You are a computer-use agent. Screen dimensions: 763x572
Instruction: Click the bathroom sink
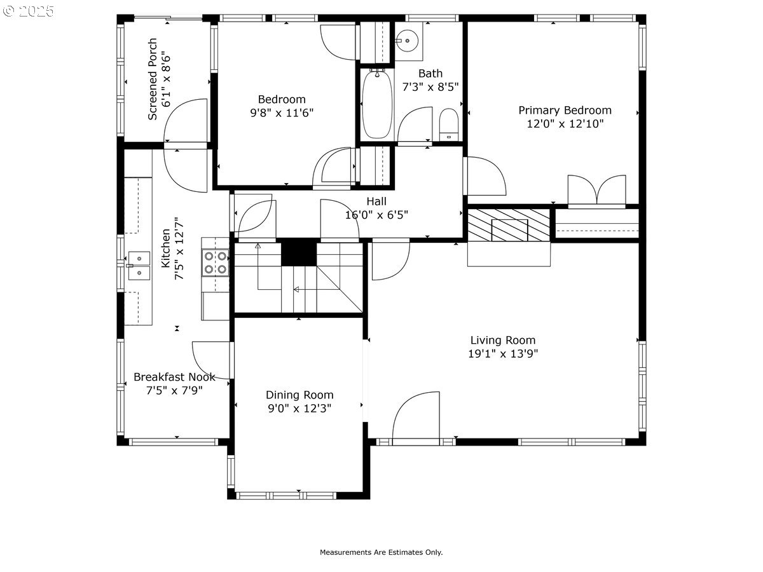click(408, 41)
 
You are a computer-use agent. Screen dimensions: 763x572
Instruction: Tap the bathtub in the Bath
click(377, 104)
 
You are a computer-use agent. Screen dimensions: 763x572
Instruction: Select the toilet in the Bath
click(449, 125)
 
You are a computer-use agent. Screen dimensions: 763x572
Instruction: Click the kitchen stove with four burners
click(215, 262)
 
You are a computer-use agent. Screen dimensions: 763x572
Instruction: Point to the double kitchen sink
click(139, 266)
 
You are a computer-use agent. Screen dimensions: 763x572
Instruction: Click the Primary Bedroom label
click(565, 111)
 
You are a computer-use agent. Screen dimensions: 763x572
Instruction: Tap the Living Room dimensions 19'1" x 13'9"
click(503, 353)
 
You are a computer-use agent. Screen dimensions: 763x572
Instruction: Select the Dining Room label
click(299, 395)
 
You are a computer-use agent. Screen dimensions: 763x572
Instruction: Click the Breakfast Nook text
click(174, 377)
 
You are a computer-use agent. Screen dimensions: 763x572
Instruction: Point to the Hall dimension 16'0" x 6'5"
click(376, 215)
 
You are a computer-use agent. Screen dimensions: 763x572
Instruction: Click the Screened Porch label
click(153, 79)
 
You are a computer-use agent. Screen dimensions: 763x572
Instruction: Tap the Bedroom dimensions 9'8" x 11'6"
click(282, 113)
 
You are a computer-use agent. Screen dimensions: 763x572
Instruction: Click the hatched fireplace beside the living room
click(509, 225)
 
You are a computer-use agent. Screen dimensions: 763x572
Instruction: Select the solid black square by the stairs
click(299, 252)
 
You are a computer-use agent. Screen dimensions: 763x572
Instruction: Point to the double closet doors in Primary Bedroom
click(597, 189)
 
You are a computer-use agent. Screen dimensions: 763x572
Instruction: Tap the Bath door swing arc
click(415, 124)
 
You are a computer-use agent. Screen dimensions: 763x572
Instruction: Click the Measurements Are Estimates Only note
click(381, 552)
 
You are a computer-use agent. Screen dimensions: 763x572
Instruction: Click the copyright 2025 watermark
click(28, 11)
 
